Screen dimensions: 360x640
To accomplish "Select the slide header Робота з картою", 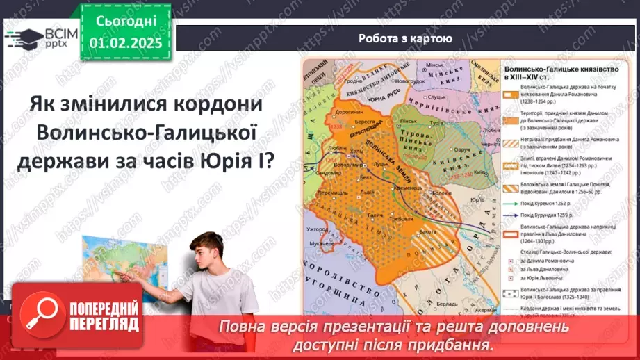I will click(x=407, y=38).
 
